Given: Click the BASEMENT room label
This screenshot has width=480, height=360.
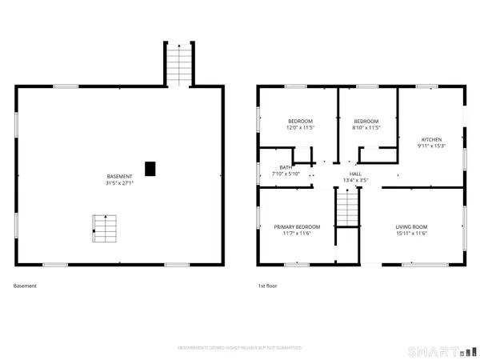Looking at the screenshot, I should click(x=120, y=176).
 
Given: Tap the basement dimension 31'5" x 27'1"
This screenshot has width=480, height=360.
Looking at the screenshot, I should click(x=120, y=182).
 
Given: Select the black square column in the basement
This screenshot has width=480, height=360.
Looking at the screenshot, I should click(x=150, y=168).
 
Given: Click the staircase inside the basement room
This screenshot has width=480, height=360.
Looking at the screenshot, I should click(x=105, y=229).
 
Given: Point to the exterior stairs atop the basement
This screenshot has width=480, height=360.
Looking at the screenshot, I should click(x=178, y=64).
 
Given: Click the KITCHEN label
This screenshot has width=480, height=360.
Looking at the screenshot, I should click(x=431, y=140).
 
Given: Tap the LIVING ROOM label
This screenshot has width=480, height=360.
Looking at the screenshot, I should click(x=411, y=226).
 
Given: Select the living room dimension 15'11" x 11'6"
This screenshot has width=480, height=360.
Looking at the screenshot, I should click(x=411, y=234).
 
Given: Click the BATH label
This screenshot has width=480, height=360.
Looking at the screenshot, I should click(x=285, y=167).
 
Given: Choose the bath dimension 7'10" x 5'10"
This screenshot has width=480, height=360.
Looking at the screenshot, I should click(x=286, y=174).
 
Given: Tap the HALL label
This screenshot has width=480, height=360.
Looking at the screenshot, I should click(x=355, y=174).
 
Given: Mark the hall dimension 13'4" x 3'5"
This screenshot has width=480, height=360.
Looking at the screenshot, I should click(x=355, y=180).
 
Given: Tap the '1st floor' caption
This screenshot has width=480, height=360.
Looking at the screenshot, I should click(x=266, y=286).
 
